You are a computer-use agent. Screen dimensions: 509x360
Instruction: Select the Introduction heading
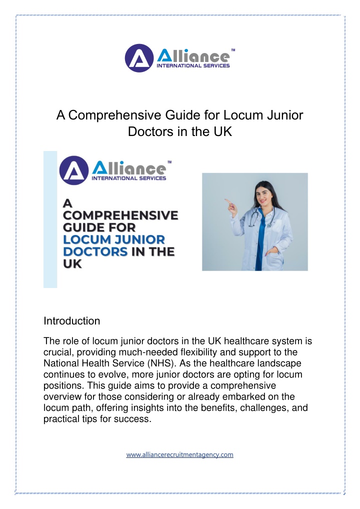[72, 320]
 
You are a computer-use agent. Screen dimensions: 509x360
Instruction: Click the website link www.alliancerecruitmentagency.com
[179, 455]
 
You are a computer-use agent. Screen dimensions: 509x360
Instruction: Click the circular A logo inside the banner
[73, 170]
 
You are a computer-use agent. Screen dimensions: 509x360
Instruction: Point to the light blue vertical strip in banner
[50, 220]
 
